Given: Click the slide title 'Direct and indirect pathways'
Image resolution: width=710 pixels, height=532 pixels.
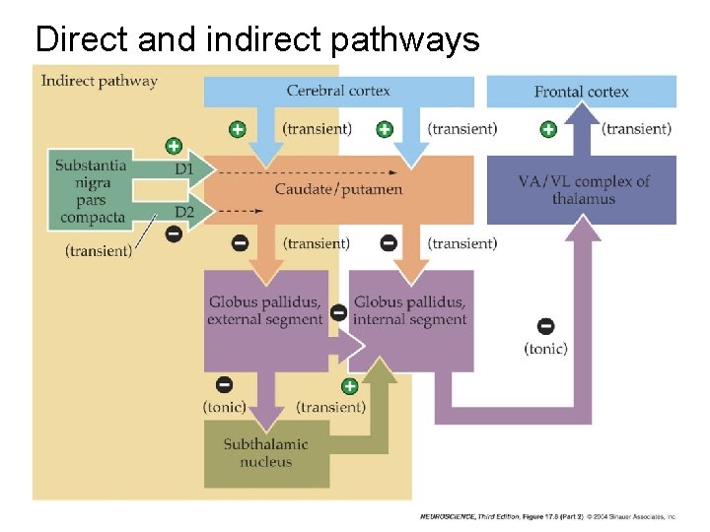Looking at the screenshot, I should [x=256, y=39].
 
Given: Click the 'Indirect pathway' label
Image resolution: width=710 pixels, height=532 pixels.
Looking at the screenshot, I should [x=99, y=81].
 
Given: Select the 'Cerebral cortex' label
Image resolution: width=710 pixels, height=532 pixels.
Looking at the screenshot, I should [x=338, y=91].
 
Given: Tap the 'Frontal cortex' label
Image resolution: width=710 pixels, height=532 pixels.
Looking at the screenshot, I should [x=582, y=92].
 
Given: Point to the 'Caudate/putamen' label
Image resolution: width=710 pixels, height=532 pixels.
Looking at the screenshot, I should [x=338, y=189].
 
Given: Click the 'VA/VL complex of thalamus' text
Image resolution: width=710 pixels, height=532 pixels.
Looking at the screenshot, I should [x=584, y=190].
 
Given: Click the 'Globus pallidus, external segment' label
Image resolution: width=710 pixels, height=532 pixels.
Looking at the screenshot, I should [x=265, y=310].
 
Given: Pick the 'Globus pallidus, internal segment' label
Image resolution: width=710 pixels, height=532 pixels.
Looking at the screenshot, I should [x=409, y=310].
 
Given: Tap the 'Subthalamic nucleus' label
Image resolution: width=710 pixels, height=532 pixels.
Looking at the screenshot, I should [x=265, y=453].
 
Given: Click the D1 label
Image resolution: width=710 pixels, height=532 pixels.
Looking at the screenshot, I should [x=184, y=169].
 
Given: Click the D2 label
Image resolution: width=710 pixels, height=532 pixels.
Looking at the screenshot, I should [x=184, y=212].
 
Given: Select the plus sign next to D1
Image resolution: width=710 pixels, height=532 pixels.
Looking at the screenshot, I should [x=174, y=146].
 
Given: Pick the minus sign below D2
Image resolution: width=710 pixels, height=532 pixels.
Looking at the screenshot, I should [x=174, y=234].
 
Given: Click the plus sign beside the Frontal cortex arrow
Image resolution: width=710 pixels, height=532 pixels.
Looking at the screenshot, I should [x=548, y=129].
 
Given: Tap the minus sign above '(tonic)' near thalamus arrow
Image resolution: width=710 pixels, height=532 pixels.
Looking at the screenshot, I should [x=545, y=326].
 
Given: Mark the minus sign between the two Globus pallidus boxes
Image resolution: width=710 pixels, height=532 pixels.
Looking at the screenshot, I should [x=338, y=312].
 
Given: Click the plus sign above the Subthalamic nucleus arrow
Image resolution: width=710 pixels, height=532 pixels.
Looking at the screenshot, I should [x=349, y=385].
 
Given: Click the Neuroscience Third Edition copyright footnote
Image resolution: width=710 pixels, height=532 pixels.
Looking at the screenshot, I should [x=547, y=516].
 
